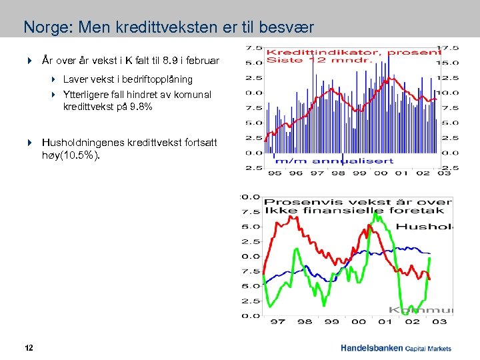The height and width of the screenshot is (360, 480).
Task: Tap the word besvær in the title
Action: [285, 28]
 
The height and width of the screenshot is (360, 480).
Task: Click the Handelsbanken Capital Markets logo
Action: [395, 348]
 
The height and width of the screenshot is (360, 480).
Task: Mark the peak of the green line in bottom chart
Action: [378, 215]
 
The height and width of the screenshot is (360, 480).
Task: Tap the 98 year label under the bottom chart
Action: [305, 321]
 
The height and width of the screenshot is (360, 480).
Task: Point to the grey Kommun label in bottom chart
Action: [420, 309]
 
